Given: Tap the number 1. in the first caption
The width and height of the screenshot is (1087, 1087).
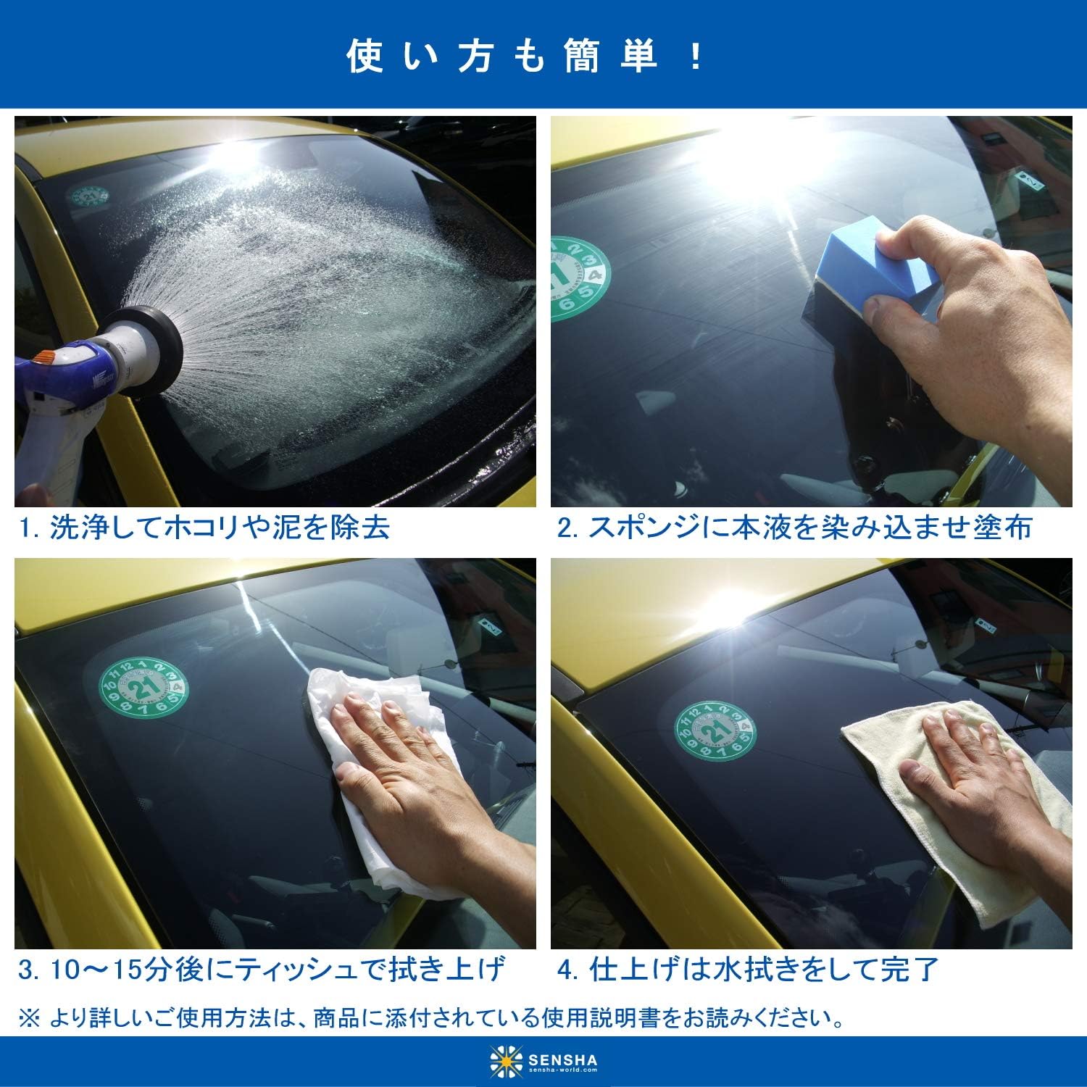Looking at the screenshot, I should pyautogui.click(x=30, y=528).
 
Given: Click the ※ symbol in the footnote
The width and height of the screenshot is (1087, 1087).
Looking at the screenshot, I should pyautogui.click(x=30, y=1018).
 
